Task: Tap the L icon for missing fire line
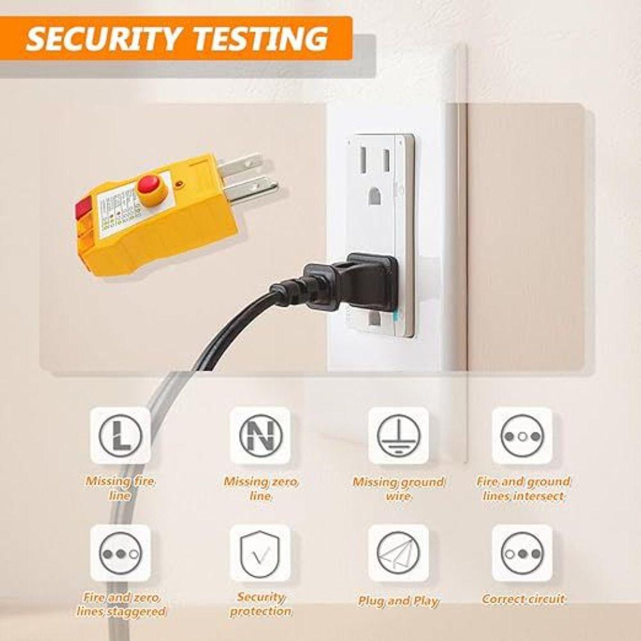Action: (x=120, y=436)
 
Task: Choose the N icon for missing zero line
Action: (x=260, y=436)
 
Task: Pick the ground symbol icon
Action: (x=398, y=436)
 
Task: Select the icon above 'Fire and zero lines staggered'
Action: (x=120, y=553)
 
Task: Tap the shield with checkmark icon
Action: (x=260, y=553)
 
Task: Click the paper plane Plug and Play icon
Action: (x=398, y=553)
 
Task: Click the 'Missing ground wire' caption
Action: (x=398, y=489)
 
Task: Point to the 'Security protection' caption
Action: (x=260, y=604)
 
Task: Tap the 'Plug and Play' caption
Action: (x=398, y=601)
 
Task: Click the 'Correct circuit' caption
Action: (x=523, y=599)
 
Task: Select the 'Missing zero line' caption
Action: (x=260, y=489)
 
